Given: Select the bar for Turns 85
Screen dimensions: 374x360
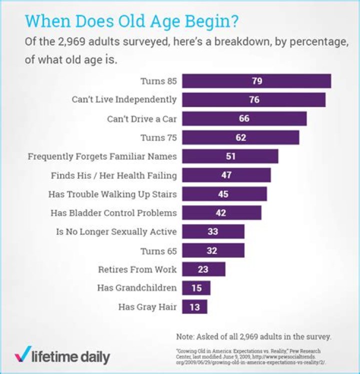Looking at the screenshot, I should click(x=256, y=81).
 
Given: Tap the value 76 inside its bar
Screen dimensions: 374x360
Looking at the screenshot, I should click(x=254, y=100).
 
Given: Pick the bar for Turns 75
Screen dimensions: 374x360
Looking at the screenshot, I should click(x=240, y=137).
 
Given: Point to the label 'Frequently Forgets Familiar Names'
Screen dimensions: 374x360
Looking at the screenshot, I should click(x=102, y=156).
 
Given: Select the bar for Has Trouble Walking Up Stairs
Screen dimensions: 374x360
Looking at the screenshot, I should click(x=224, y=194).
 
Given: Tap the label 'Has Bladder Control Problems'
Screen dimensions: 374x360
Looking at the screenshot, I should click(x=113, y=213).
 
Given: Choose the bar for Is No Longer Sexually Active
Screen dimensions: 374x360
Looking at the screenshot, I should click(x=213, y=232).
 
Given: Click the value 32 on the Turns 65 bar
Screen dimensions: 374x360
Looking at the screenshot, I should click(x=212, y=251).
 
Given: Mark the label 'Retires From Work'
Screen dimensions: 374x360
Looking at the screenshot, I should click(x=137, y=269).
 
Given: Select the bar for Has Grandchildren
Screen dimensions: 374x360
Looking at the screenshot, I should click(x=196, y=288).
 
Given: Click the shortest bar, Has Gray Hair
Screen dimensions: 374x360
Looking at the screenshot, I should click(x=194, y=307).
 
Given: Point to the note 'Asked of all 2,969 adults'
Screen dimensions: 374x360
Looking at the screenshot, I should click(x=254, y=336).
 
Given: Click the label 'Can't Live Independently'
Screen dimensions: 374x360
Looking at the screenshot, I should click(x=124, y=100).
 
